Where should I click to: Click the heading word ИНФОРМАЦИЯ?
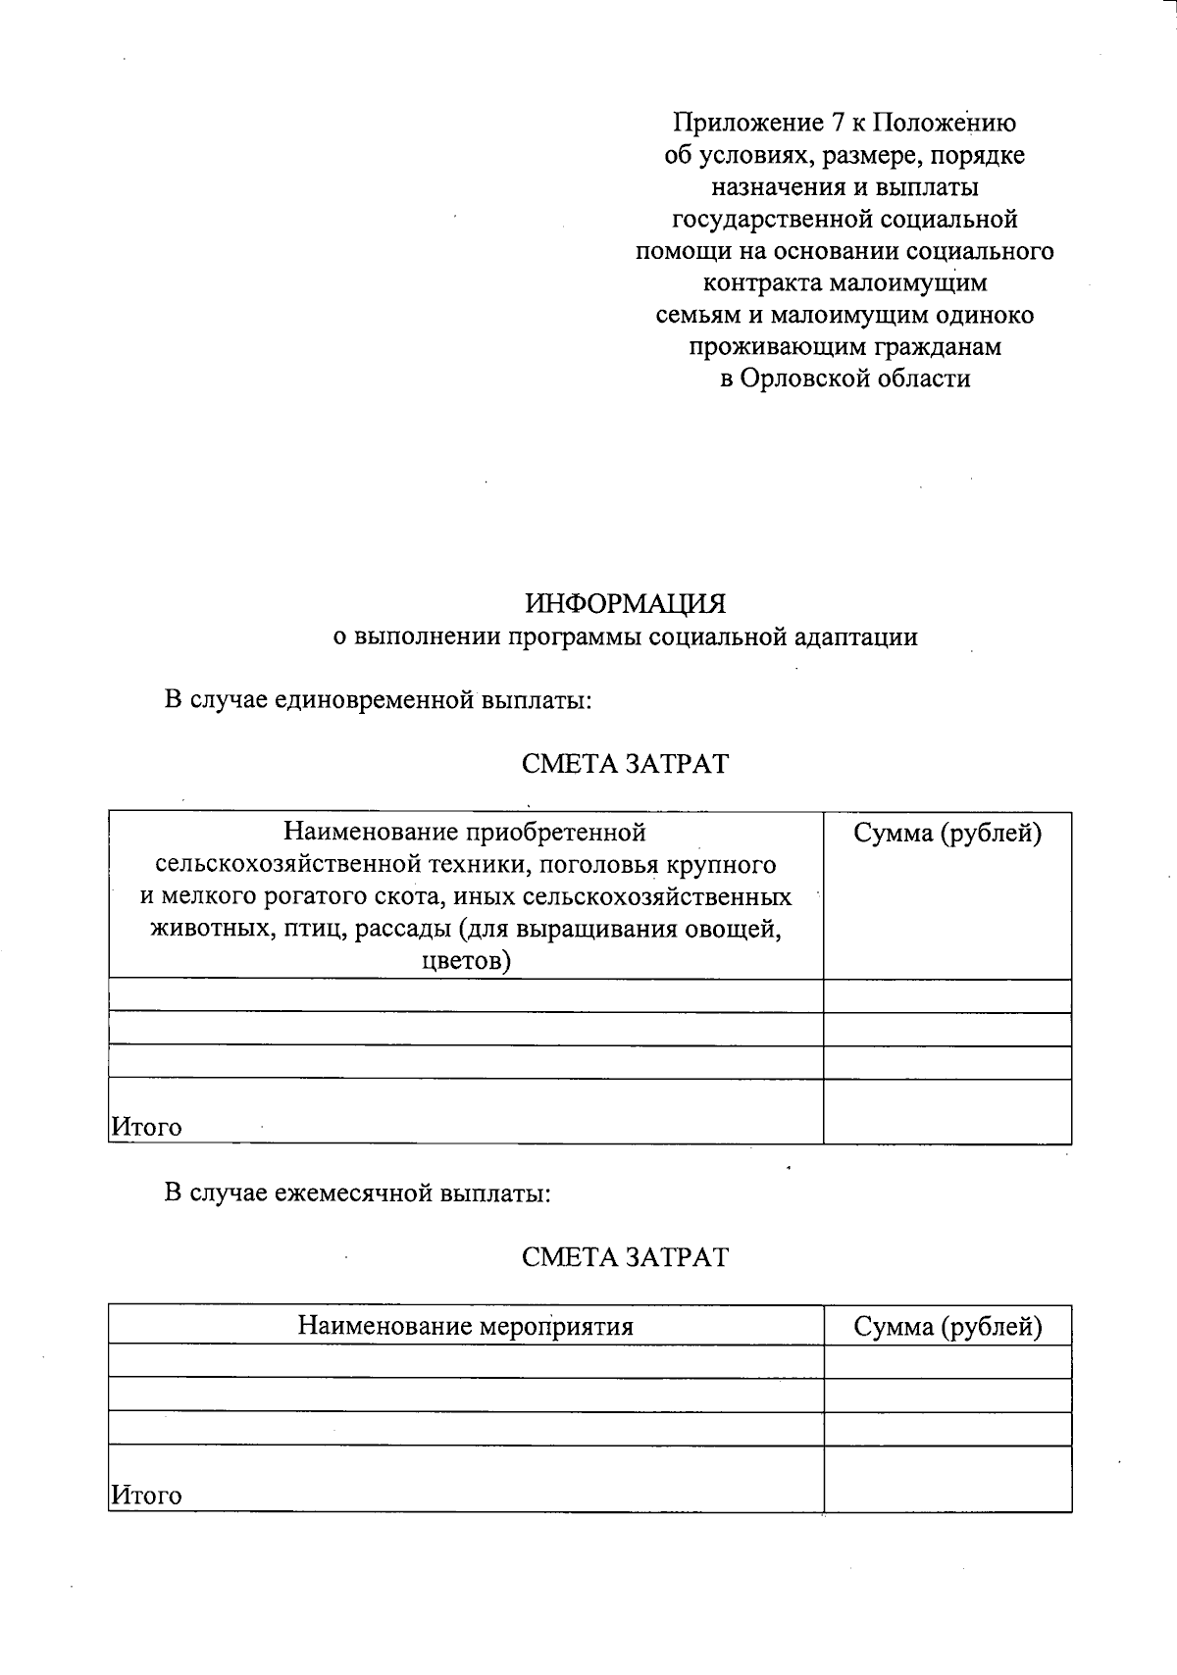pyautogui.click(x=625, y=602)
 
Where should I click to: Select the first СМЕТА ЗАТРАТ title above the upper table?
pyautogui.click(x=625, y=764)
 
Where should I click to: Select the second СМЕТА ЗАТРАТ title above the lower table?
pyautogui.click(x=625, y=1257)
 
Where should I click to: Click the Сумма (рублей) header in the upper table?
pyautogui.click(x=947, y=834)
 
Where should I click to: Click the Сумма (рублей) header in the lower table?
pyautogui.click(x=947, y=1327)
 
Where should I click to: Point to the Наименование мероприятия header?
pyautogui.click(x=466, y=1327)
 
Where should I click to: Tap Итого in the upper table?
pyautogui.click(x=146, y=1127)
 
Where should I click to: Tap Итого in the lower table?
pyautogui.click(x=146, y=1496)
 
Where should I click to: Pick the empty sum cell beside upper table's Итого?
pyautogui.click(x=947, y=1111)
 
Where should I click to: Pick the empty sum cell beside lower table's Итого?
pyautogui.click(x=947, y=1479)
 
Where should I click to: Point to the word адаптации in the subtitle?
pyautogui.click(x=864, y=637)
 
